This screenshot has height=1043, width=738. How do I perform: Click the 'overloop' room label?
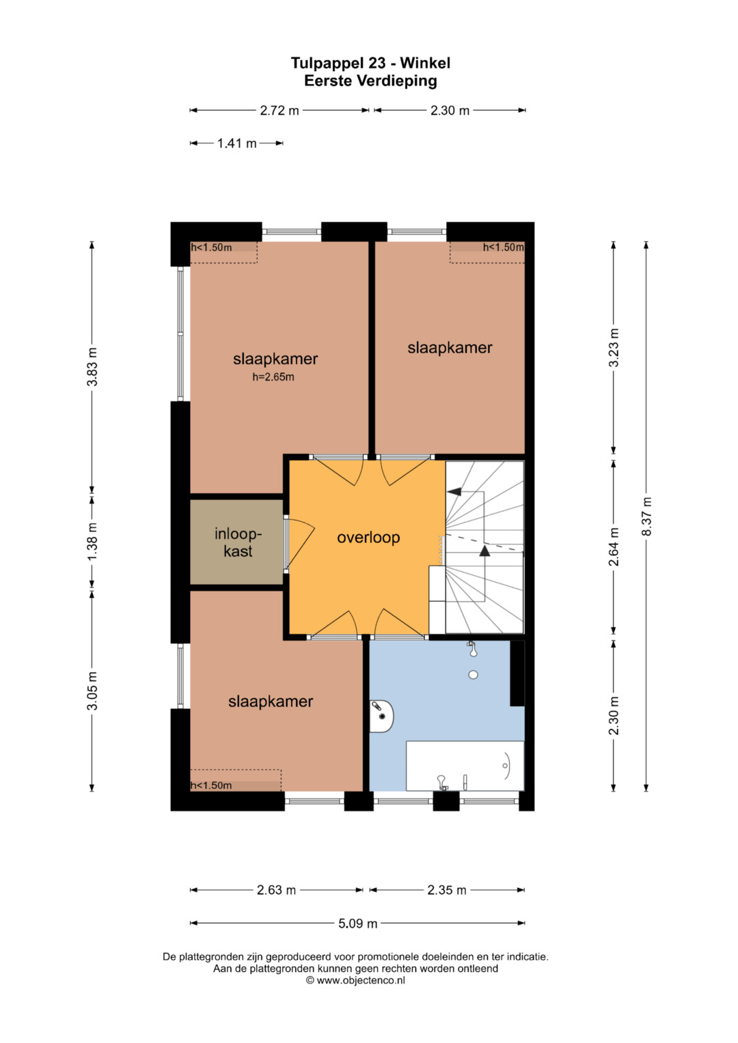click(368, 538)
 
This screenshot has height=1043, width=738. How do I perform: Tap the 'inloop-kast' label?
click(238, 542)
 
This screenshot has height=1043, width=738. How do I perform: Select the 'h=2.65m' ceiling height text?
click(273, 377)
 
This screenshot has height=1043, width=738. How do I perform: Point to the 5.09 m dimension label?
click(358, 923)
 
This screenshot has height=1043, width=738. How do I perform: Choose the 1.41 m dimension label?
click(236, 143)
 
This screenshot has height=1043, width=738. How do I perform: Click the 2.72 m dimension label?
click(279, 111)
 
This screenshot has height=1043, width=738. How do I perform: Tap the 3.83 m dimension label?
click(92, 366)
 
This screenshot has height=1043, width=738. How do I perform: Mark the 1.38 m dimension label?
click(92, 542)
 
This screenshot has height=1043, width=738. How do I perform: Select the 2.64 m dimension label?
click(614, 546)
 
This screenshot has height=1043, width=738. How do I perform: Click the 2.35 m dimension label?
click(447, 890)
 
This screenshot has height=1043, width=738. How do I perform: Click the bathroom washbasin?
click(381, 716)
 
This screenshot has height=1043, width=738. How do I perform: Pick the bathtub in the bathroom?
click(465, 766)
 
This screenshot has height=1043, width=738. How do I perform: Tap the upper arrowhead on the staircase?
click(454, 491)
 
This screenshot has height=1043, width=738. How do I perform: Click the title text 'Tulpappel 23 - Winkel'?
click(370, 63)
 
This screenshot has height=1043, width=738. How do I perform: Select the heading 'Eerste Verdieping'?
click(370, 81)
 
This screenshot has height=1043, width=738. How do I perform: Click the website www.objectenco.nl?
click(361, 980)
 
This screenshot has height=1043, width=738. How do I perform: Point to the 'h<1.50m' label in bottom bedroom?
click(211, 785)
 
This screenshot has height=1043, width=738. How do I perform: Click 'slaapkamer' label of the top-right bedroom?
click(450, 348)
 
